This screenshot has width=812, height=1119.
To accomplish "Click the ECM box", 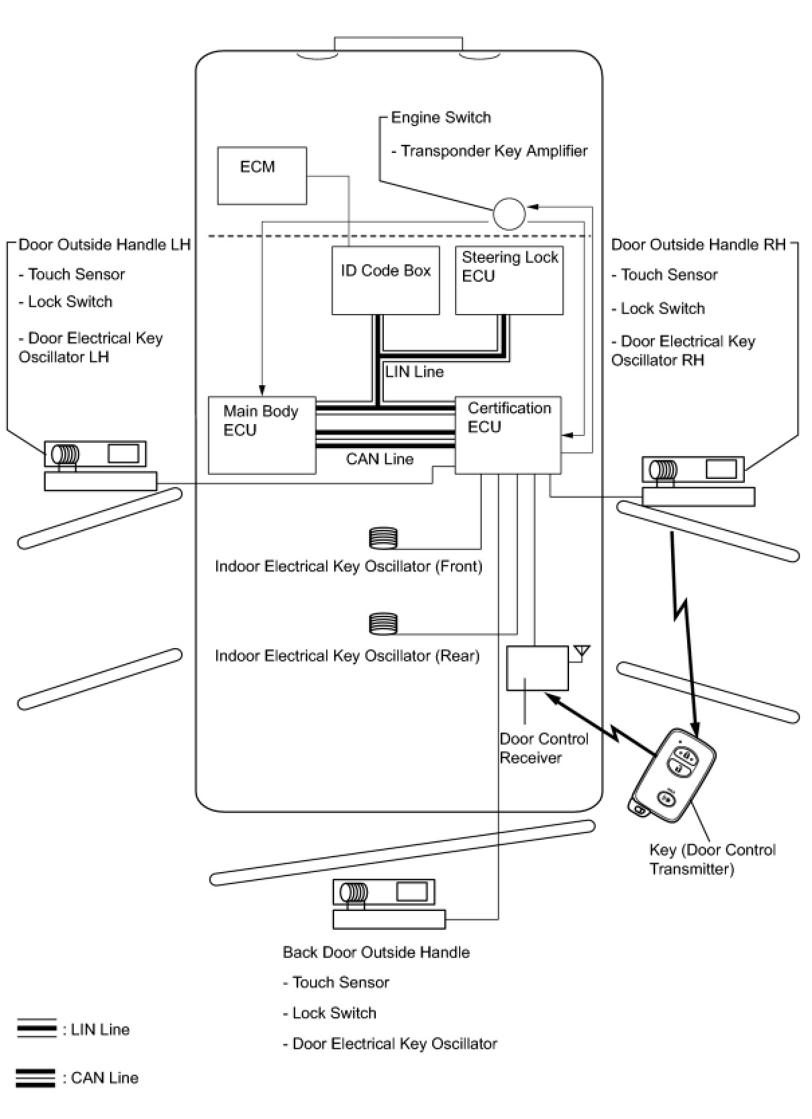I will (x=262, y=175).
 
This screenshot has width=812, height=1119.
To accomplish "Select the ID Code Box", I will (x=385, y=280).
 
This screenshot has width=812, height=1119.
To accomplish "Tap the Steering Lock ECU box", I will (x=509, y=280).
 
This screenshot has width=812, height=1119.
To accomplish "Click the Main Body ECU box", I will (x=262, y=435).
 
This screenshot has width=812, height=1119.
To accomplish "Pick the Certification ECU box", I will (x=508, y=435).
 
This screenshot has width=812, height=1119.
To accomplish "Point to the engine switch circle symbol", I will (x=509, y=214).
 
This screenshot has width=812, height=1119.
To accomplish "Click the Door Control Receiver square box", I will (x=537, y=668).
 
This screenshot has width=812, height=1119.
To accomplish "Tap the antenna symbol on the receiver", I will (x=582, y=651).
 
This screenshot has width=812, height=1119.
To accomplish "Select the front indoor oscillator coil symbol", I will (x=383, y=538).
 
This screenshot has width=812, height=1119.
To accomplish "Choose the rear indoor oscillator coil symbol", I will (x=383, y=624).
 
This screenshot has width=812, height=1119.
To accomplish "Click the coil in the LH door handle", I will (x=66, y=455).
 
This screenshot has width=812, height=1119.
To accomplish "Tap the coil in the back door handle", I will (x=354, y=892).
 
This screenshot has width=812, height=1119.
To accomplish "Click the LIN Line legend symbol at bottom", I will (x=36, y=1029).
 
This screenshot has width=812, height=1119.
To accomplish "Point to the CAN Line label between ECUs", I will (x=380, y=460).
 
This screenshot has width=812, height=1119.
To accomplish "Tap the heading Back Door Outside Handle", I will (x=376, y=952).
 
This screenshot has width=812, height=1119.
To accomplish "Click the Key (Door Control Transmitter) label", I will (x=712, y=859).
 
